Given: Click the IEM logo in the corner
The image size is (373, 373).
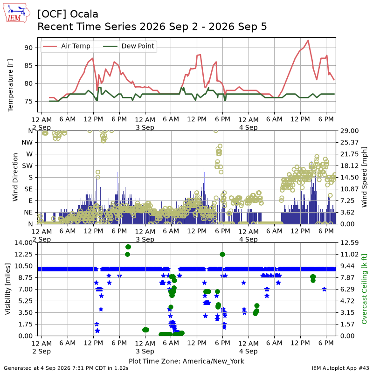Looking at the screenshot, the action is (x=17, y=14).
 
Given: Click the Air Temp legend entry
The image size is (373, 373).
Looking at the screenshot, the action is (x=66, y=46).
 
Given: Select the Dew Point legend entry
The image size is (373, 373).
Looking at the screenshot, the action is (x=129, y=46).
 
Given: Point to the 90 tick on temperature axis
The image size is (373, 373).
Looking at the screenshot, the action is (x=28, y=48).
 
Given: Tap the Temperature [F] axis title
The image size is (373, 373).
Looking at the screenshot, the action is (x=10, y=85).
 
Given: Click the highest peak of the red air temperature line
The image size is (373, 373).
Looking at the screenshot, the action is (x=308, y=40).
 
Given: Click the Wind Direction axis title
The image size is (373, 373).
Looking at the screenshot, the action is (x=15, y=177).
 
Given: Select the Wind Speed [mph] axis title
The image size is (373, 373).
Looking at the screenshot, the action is (x=364, y=177).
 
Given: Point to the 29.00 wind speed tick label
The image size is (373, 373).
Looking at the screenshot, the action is (x=349, y=131).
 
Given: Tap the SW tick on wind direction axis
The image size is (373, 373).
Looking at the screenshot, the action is (x=27, y=166).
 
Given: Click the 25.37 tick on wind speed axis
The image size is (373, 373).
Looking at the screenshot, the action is (x=349, y=143).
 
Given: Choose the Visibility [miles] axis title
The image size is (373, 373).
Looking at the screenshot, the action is (x=8, y=289).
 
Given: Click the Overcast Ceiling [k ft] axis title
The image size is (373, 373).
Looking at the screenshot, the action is (x=364, y=289).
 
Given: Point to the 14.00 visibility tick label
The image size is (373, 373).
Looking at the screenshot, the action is (x=23, y=242).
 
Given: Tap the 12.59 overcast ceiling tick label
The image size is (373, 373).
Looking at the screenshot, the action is (x=349, y=242).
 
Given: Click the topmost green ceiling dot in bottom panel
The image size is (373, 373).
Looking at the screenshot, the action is (x=128, y=247).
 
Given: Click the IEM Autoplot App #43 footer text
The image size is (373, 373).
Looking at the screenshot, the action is (x=340, y=368).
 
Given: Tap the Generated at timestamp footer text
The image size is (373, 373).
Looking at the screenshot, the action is (x=66, y=368).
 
